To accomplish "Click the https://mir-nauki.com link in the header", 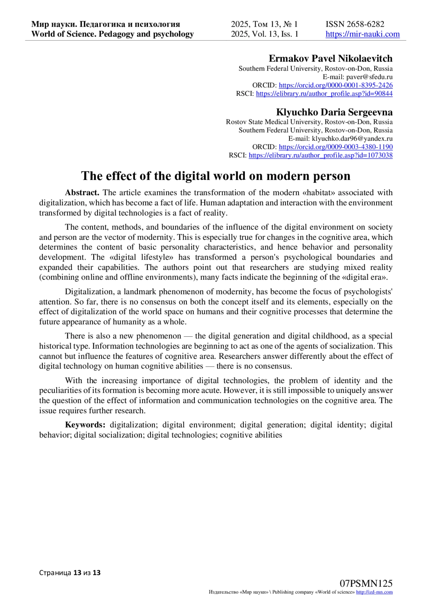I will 363,34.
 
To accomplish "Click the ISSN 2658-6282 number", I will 355,24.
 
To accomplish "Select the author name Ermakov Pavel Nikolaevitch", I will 330,58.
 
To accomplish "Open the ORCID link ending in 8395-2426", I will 336,85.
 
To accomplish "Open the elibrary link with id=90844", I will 324,94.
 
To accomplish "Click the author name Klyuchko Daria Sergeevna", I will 334,112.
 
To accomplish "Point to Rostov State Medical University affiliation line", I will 309,122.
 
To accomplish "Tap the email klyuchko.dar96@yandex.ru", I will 352,139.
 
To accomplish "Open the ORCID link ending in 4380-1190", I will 336,147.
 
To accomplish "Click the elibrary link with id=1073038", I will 320,156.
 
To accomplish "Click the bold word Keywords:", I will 85,424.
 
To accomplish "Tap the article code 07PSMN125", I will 366,584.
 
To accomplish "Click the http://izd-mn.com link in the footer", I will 374,592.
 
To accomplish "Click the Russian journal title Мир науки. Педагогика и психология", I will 105,24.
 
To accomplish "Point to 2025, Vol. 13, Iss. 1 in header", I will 265,34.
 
